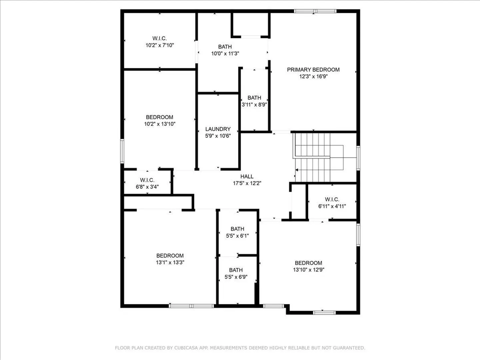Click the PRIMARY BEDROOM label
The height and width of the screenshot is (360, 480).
click(313, 70)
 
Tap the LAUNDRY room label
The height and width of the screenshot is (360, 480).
click(218, 129)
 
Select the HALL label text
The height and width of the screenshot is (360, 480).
click(247, 176)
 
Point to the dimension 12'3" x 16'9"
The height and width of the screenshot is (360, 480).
click(313, 77)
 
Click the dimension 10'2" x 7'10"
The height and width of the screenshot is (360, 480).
click(160, 45)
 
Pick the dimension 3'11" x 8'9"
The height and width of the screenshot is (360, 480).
click(254, 104)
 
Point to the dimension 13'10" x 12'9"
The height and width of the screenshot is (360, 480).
click(309, 270)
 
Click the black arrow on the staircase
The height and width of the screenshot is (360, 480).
click(297, 170)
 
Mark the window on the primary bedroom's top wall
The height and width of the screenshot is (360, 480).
click(315, 11)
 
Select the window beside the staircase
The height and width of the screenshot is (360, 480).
click(358, 158)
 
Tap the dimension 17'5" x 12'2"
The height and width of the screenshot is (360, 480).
click(247, 183)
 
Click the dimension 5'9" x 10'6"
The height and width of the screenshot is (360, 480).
click(218, 136)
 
